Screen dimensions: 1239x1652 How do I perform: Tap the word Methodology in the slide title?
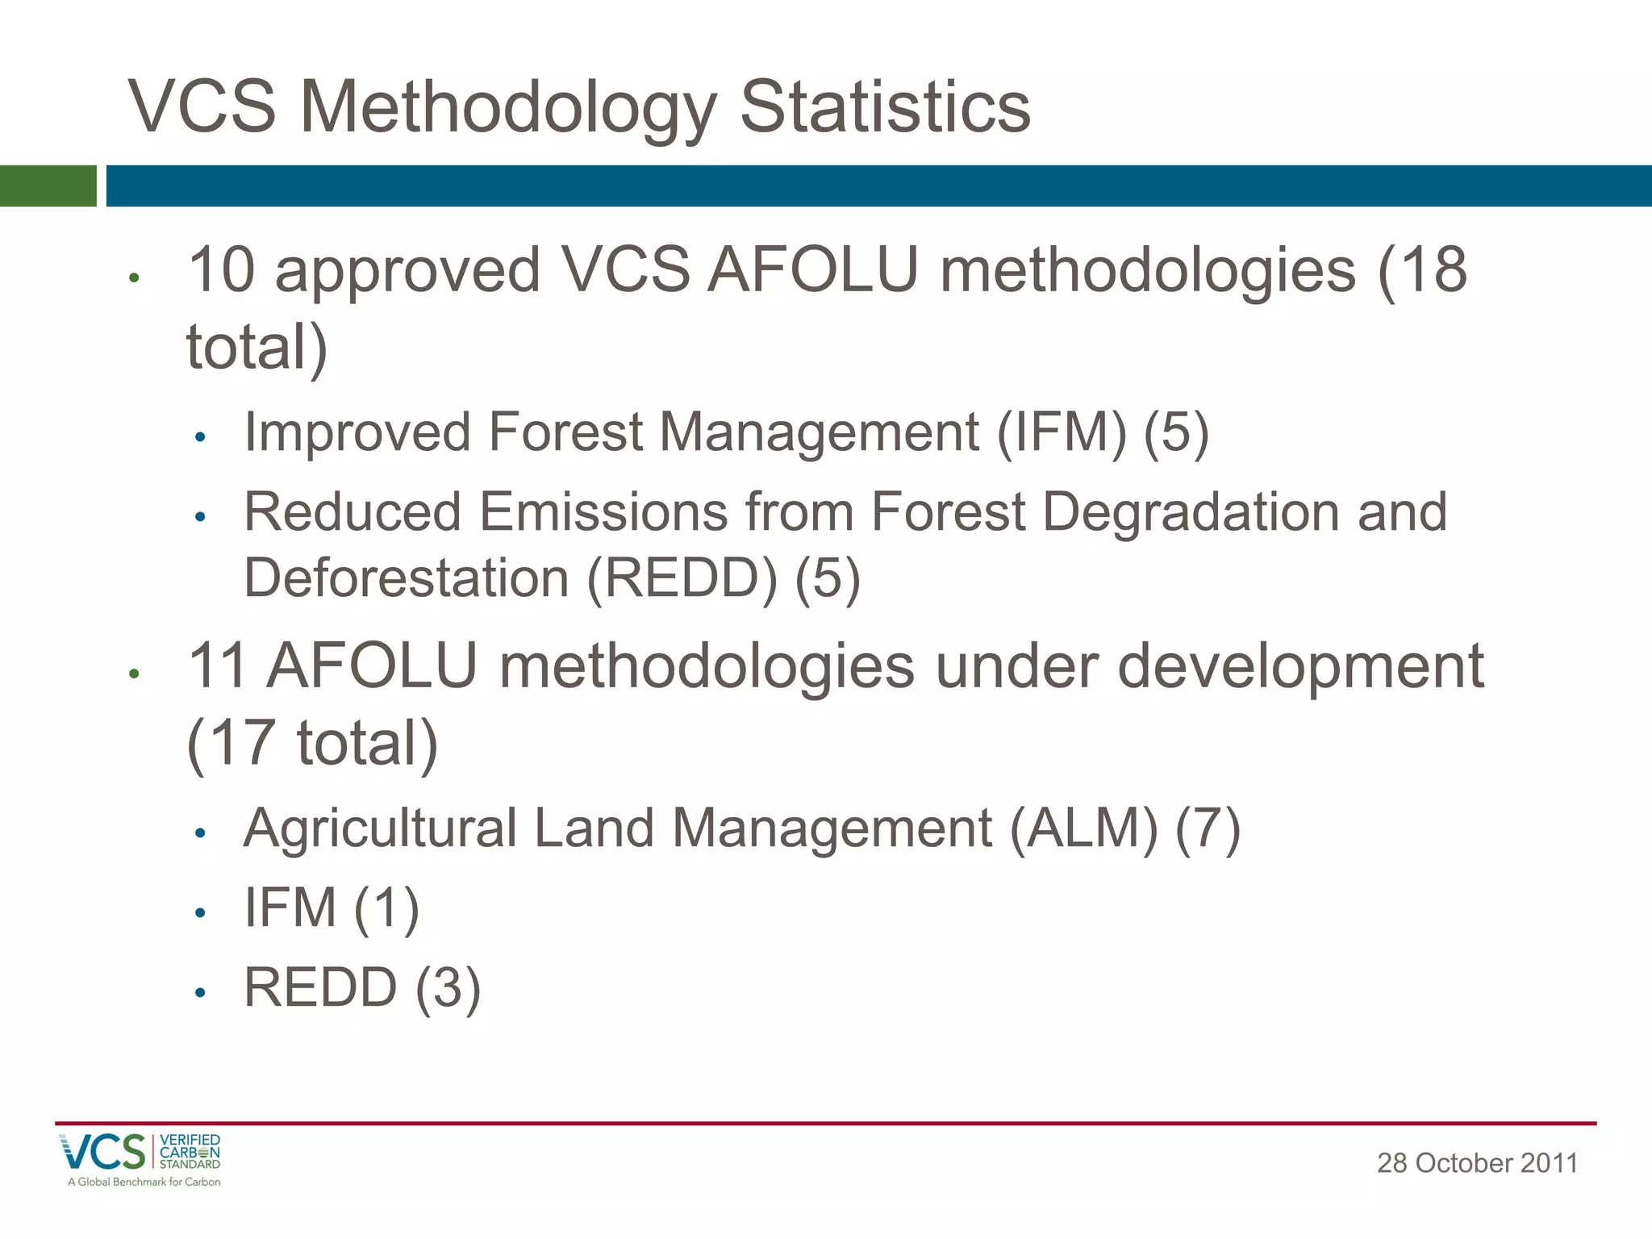508,109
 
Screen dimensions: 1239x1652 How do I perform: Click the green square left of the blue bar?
48,186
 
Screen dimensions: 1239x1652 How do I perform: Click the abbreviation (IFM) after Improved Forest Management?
1062,433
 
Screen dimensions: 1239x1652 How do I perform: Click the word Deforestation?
407,578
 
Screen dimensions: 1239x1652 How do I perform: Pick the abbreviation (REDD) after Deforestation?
682,578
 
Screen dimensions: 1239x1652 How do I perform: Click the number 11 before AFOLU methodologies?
216,667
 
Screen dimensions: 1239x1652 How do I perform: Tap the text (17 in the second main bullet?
231,743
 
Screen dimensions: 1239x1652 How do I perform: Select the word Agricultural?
380,828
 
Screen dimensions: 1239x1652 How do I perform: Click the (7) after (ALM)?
1208,828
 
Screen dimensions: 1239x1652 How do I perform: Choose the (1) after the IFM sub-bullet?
386,908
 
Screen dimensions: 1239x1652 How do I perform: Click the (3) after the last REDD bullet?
448,988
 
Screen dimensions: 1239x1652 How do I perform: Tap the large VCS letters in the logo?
102,1152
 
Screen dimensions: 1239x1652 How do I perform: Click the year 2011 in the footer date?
1548,1163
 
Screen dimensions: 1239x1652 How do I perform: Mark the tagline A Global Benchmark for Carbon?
144,1183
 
